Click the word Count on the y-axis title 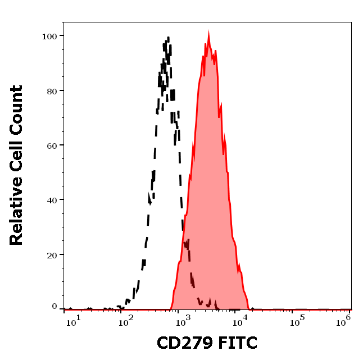tap(16, 110)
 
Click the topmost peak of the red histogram tap(208, 34)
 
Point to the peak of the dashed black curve tap(167, 38)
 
